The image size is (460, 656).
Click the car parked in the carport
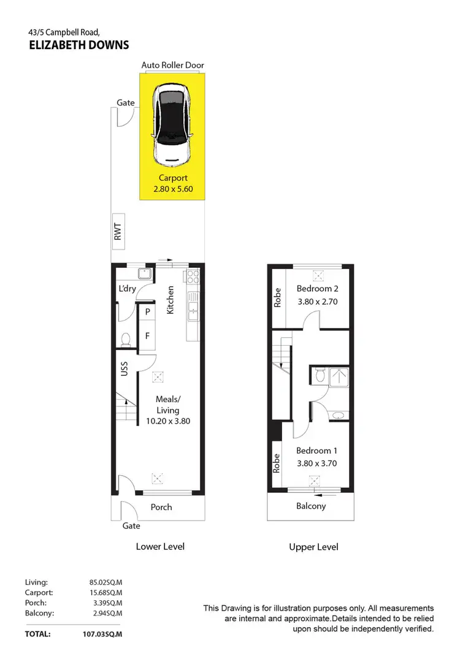(x=172, y=126)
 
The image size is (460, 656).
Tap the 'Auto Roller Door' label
(x=172, y=65)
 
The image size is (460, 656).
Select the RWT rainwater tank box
(x=118, y=231)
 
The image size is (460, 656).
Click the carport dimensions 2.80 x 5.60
(x=172, y=189)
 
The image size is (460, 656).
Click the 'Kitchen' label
(x=171, y=300)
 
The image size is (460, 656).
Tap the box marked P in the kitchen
(x=147, y=312)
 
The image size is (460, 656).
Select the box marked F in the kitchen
(x=147, y=336)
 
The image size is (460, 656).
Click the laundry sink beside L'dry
(x=145, y=274)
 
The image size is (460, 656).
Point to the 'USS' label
(x=124, y=368)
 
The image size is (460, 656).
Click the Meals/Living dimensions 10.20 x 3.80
(x=167, y=421)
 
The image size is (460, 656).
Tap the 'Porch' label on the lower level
(x=161, y=507)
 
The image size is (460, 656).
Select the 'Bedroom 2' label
(x=317, y=289)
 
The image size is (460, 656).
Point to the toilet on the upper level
(x=319, y=375)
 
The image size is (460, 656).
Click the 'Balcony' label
(x=311, y=506)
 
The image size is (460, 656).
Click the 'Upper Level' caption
(x=313, y=546)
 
